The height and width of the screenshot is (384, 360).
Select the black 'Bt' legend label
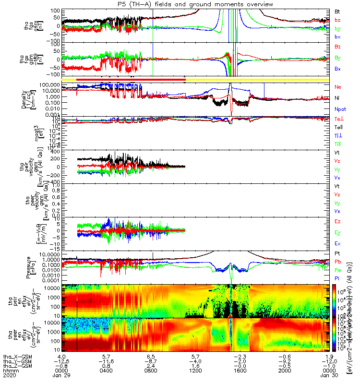pos(337,11)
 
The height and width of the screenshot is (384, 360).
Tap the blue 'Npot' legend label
pos(340,110)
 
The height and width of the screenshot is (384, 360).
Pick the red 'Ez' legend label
pos(337,221)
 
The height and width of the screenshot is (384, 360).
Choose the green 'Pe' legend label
pos(337,270)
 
